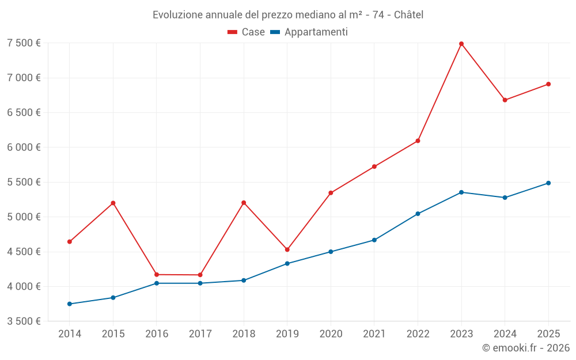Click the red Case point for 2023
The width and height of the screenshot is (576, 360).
[461, 44]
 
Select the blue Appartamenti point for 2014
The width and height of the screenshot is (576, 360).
[70, 304]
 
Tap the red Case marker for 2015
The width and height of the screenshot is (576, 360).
[113, 203]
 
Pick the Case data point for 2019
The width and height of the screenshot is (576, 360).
[287, 249]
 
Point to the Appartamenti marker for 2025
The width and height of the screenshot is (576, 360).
[548, 183]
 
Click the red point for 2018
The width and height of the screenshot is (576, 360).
[244, 203]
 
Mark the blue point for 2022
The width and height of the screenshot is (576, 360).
[418, 214]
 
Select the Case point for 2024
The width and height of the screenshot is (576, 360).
[505, 100]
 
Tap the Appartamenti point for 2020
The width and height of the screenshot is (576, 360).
[331, 252]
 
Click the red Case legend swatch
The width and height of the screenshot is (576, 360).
[233, 32]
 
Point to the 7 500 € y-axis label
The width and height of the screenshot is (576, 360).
[24, 43]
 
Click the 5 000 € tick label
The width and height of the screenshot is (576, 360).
[24, 217]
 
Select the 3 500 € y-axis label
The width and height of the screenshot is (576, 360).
[24, 321]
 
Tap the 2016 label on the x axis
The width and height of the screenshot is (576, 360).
[157, 334]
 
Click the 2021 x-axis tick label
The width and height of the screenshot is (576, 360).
[374, 334]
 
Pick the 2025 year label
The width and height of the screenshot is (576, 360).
[548, 334]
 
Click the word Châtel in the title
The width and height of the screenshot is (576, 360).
[409, 15]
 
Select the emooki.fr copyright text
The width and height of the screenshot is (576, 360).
[526, 348]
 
